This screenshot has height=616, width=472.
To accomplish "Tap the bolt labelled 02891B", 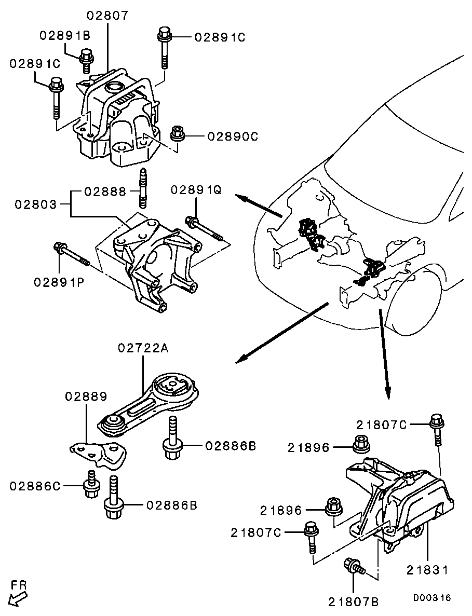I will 86,59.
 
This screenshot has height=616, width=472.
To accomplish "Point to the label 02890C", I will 233,136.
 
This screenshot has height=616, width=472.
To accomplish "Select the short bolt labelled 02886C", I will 91,485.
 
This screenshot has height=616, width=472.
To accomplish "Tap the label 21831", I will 428,569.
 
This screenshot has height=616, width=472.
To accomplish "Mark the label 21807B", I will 354,602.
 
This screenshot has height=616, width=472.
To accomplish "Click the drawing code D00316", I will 432,598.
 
